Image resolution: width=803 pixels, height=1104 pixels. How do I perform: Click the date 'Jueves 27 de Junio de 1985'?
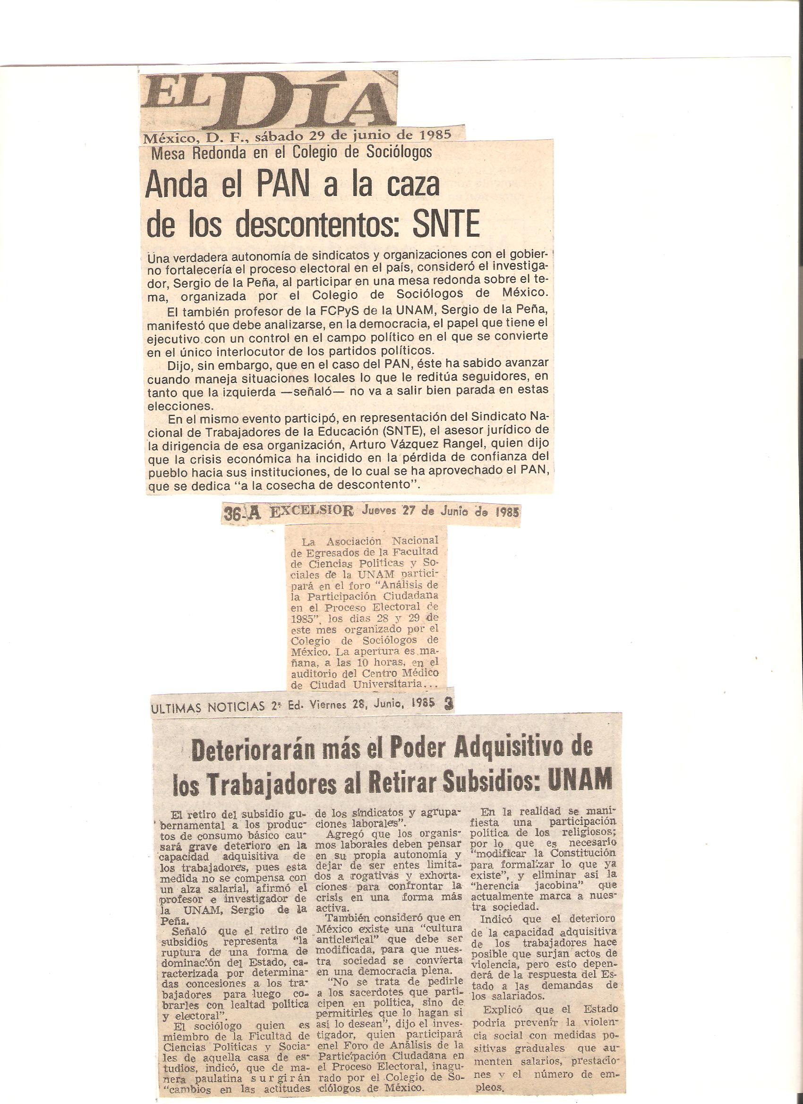[x=439, y=511]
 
